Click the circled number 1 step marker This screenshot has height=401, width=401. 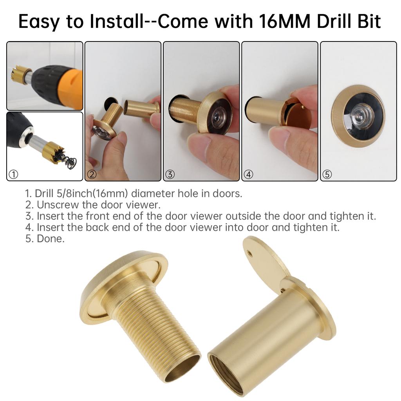pos(13,175)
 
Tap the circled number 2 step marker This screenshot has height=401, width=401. pos(92,175)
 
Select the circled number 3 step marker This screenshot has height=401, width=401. pos(170,175)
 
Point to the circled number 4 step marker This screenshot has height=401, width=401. pos(248,175)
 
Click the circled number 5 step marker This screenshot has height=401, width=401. pos(327,175)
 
